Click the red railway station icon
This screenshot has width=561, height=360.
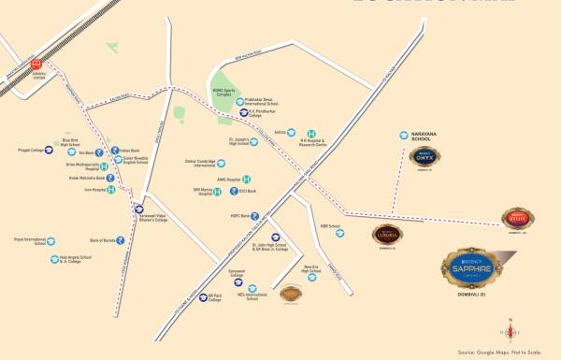click(x=38, y=65)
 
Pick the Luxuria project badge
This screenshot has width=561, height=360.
click(x=386, y=234)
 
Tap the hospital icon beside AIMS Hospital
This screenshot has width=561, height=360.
click(x=247, y=179)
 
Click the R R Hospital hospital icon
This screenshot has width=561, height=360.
click(x=311, y=135)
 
